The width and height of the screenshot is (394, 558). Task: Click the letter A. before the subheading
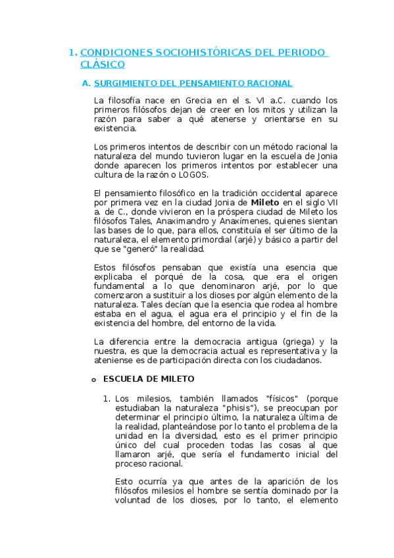85,84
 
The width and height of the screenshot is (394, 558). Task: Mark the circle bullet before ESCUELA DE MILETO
93,380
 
